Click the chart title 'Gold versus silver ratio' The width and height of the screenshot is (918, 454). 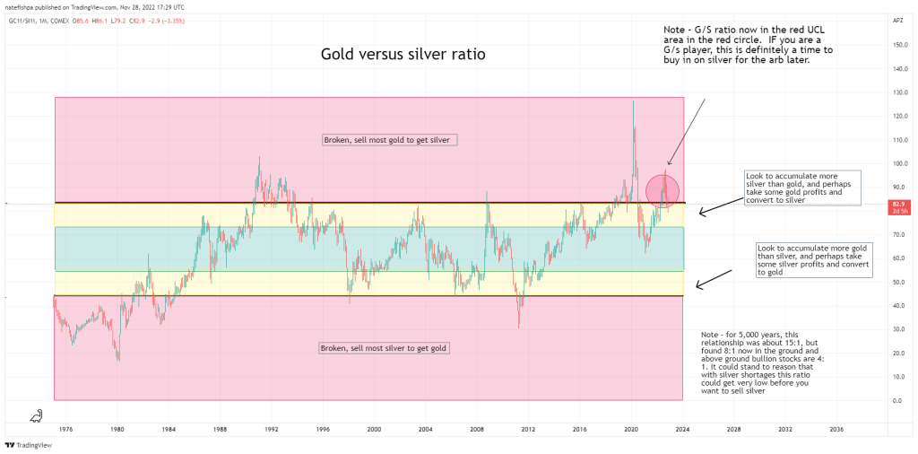[x=403, y=55]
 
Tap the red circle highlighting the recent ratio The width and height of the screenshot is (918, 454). [x=663, y=189]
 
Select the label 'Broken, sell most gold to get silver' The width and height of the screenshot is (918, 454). [x=391, y=140]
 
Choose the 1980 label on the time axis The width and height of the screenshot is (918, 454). [x=117, y=430]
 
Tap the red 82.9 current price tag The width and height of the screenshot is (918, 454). [x=897, y=205]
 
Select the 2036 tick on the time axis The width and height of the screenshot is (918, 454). [x=836, y=430]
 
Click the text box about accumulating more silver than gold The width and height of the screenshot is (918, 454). [x=802, y=188]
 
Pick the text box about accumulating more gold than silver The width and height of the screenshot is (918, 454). [x=814, y=259]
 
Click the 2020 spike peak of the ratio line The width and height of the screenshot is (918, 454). [x=633, y=100]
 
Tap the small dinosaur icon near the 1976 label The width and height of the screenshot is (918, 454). [x=36, y=415]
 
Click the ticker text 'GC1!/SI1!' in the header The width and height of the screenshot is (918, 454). [x=22, y=20]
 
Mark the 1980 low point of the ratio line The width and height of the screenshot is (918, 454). [x=117, y=360]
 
